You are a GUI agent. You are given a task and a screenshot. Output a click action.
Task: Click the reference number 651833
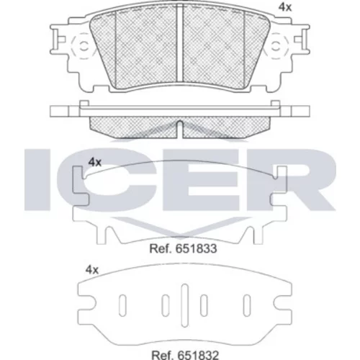196,248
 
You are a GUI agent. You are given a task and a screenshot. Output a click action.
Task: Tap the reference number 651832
197,355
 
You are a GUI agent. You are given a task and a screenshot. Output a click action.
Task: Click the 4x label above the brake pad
285,8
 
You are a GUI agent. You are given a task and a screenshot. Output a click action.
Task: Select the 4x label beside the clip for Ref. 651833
95,163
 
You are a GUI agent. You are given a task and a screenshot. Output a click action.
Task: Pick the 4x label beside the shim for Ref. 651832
92,270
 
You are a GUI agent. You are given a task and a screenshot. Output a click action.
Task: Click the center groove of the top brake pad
180,44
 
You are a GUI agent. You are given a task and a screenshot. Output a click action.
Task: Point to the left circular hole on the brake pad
84,46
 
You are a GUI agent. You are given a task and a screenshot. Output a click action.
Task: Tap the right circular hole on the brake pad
276,46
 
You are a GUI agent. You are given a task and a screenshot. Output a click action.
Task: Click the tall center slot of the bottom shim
184,305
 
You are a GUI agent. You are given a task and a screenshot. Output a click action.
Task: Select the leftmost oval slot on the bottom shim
122,305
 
